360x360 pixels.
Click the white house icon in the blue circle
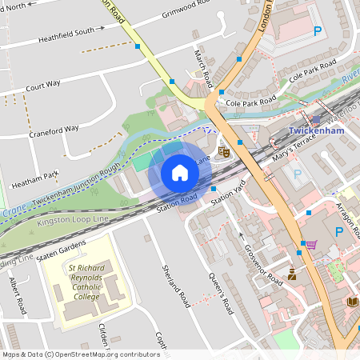pyautogui.click(x=180, y=173)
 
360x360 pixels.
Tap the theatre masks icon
pyautogui.click(x=225, y=150)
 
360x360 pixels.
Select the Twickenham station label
pyautogui.click(x=315, y=130)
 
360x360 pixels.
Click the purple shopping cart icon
pyautogui.click(x=310, y=244)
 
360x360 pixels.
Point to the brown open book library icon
pyautogui.click(x=352, y=302)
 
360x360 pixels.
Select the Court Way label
pyautogui.click(x=42, y=85)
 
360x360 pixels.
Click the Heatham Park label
pyautogui.click(x=40, y=175)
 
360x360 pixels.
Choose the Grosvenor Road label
pyautogui.click(x=263, y=265)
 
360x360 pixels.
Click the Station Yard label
pyautogui.click(x=226, y=190)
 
